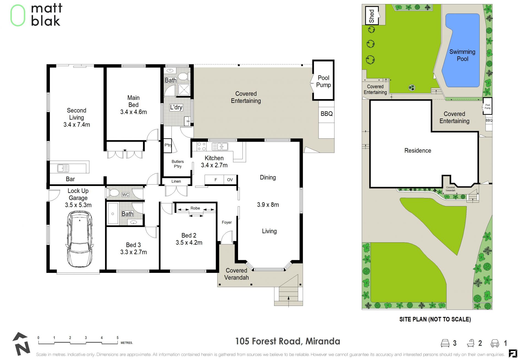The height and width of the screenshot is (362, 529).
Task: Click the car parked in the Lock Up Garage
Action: click(80, 239)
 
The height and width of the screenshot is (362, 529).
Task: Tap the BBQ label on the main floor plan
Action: click(326, 114)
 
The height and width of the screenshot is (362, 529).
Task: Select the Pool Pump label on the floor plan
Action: click(323, 81)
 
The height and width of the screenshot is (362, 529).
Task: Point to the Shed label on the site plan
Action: click(372, 16)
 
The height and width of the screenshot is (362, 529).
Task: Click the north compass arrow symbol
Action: click(21, 344)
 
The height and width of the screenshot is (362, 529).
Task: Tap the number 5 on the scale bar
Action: click(117, 338)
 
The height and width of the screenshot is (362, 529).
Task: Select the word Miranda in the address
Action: click(323, 341)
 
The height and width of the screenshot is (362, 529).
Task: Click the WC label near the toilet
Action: click(126, 194)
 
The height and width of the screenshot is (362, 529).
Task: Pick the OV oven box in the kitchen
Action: click(230, 180)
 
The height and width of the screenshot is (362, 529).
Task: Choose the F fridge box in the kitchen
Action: click(216, 180)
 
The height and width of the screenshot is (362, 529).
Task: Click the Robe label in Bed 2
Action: click(195, 208)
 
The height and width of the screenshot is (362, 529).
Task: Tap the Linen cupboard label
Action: click(176, 181)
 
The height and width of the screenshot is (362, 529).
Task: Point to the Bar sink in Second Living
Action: click(63, 168)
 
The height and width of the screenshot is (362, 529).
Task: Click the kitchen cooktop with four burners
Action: click(202, 146)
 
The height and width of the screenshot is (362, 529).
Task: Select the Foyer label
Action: click(227, 222)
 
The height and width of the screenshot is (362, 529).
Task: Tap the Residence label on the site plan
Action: click(418, 150)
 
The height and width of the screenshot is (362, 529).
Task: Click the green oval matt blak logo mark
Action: click(18, 15)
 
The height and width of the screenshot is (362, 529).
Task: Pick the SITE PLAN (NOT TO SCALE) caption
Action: click(435, 319)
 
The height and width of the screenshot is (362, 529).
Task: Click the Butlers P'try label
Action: click(178, 164)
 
